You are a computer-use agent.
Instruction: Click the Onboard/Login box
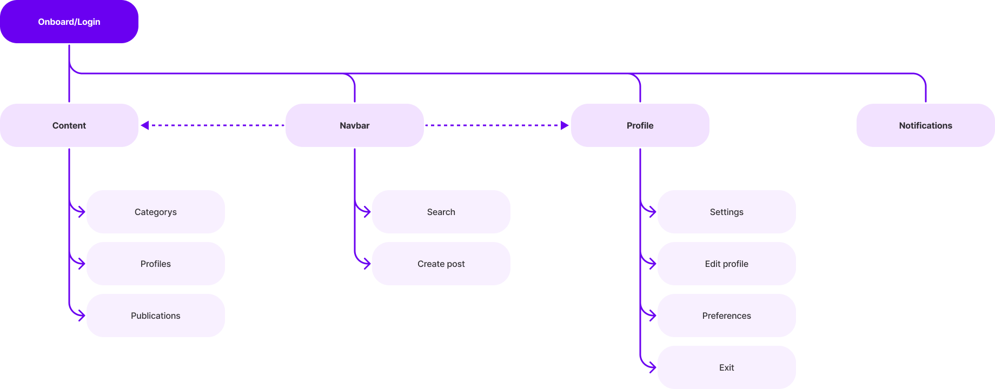pyautogui.click(x=69, y=22)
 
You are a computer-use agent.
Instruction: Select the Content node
pyautogui.click(x=69, y=125)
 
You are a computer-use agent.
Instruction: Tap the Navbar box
pyautogui.click(x=355, y=125)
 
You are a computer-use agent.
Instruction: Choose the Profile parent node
pyautogui.click(x=640, y=125)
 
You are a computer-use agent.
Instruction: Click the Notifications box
pyautogui.click(x=926, y=125)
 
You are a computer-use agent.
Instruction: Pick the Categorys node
pyautogui.click(x=156, y=212)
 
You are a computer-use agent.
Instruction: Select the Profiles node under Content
pyautogui.click(x=156, y=264)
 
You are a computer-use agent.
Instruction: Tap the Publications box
pyautogui.click(x=156, y=316)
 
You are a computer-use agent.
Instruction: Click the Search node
pyautogui.click(x=441, y=212)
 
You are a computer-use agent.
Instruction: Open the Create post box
pyautogui.click(x=441, y=264)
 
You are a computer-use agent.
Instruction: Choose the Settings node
pyautogui.click(x=727, y=212)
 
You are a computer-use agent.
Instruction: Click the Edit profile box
pyautogui.click(x=727, y=264)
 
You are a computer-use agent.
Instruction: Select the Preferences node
pyautogui.click(x=727, y=316)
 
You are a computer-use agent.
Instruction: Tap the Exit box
pyautogui.click(x=727, y=367)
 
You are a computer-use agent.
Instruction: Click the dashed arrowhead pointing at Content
pyautogui.click(x=144, y=125)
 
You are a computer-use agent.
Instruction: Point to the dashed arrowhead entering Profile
pyautogui.click(x=565, y=125)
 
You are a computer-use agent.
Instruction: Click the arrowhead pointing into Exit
pyautogui.click(x=653, y=367)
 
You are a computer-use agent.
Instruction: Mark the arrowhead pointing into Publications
pyautogui.click(x=82, y=316)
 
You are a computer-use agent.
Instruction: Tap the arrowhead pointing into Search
pyautogui.click(x=367, y=212)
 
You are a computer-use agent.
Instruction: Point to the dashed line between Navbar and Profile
pyautogui.click(x=493, y=125)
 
